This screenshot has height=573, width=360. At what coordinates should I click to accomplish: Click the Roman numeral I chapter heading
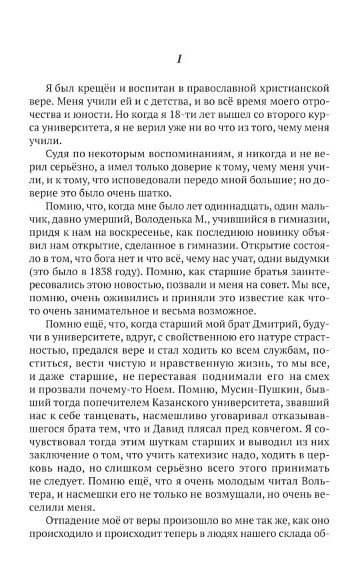click(179, 59)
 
